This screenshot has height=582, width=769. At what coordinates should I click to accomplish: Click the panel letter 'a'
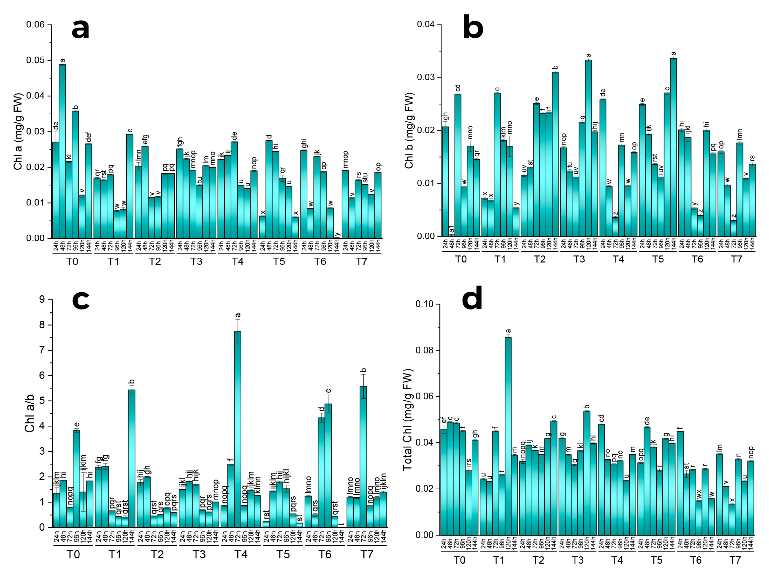[x=80, y=29]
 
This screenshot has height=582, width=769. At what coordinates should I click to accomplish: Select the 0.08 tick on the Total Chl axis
[x=425, y=350]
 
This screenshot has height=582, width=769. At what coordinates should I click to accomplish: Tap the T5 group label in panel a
[x=279, y=261]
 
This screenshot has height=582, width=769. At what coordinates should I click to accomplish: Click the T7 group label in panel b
[x=736, y=259]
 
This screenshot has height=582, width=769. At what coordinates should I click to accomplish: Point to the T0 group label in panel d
[x=459, y=560]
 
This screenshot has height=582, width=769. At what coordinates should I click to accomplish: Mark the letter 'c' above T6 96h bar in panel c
[x=328, y=391]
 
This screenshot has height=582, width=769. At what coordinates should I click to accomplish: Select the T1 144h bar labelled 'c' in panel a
[x=130, y=186]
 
